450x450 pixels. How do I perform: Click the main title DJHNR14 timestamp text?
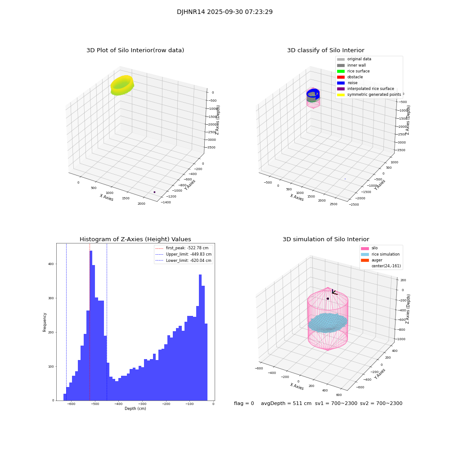[x=225, y=12]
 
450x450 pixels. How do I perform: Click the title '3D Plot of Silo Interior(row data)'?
[x=135, y=50]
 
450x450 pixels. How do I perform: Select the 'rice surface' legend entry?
[x=359, y=71]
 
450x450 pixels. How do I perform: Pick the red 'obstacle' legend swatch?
[x=341, y=77]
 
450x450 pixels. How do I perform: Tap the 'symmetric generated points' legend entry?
[x=374, y=94]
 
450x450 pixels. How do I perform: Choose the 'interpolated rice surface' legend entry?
[x=370, y=89]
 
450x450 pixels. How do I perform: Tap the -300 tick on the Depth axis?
[x=142, y=404]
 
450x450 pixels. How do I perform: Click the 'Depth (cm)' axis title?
[x=135, y=409]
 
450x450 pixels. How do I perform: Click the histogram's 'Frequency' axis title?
[x=45, y=322]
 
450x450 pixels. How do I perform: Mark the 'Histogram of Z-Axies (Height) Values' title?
[x=135, y=239]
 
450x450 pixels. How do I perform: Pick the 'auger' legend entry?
[x=377, y=260]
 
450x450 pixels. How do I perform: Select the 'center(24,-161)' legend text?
[x=386, y=266]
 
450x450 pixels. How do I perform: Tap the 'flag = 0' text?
[x=244, y=404]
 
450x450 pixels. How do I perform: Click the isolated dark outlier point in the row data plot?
[x=154, y=192]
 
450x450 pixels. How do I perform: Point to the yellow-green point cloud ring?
[x=122, y=85]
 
